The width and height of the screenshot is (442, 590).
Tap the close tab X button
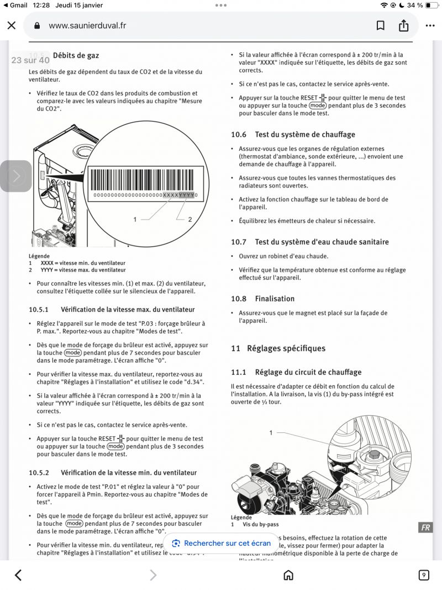(x=12, y=25)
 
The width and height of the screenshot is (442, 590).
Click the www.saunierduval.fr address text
(x=87, y=25)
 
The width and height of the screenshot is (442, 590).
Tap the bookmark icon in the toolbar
(x=381, y=25)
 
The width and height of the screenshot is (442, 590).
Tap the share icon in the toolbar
(x=403, y=25)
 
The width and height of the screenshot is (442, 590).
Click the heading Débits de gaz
(x=76, y=55)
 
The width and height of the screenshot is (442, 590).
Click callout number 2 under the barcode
(x=190, y=220)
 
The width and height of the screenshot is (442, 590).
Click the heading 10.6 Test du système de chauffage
(x=293, y=134)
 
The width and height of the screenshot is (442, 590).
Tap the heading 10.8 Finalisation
(x=262, y=299)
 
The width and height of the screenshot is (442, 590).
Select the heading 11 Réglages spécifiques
(x=278, y=348)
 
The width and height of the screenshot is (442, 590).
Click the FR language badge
(x=425, y=528)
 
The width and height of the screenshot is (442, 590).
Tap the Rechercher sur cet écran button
(x=221, y=543)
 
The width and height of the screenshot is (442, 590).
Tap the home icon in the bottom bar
(x=288, y=576)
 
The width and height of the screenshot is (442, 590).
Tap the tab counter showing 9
(x=424, y=576)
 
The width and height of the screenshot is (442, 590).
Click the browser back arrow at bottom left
(x=18, y=576)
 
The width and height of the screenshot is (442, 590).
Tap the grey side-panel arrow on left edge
(x=16, y=176)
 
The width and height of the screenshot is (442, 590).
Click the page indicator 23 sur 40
(x=30, y=60)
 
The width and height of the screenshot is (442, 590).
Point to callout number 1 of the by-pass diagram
(x=271, y=432)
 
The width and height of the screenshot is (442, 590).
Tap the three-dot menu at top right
(x=430, y=25)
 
